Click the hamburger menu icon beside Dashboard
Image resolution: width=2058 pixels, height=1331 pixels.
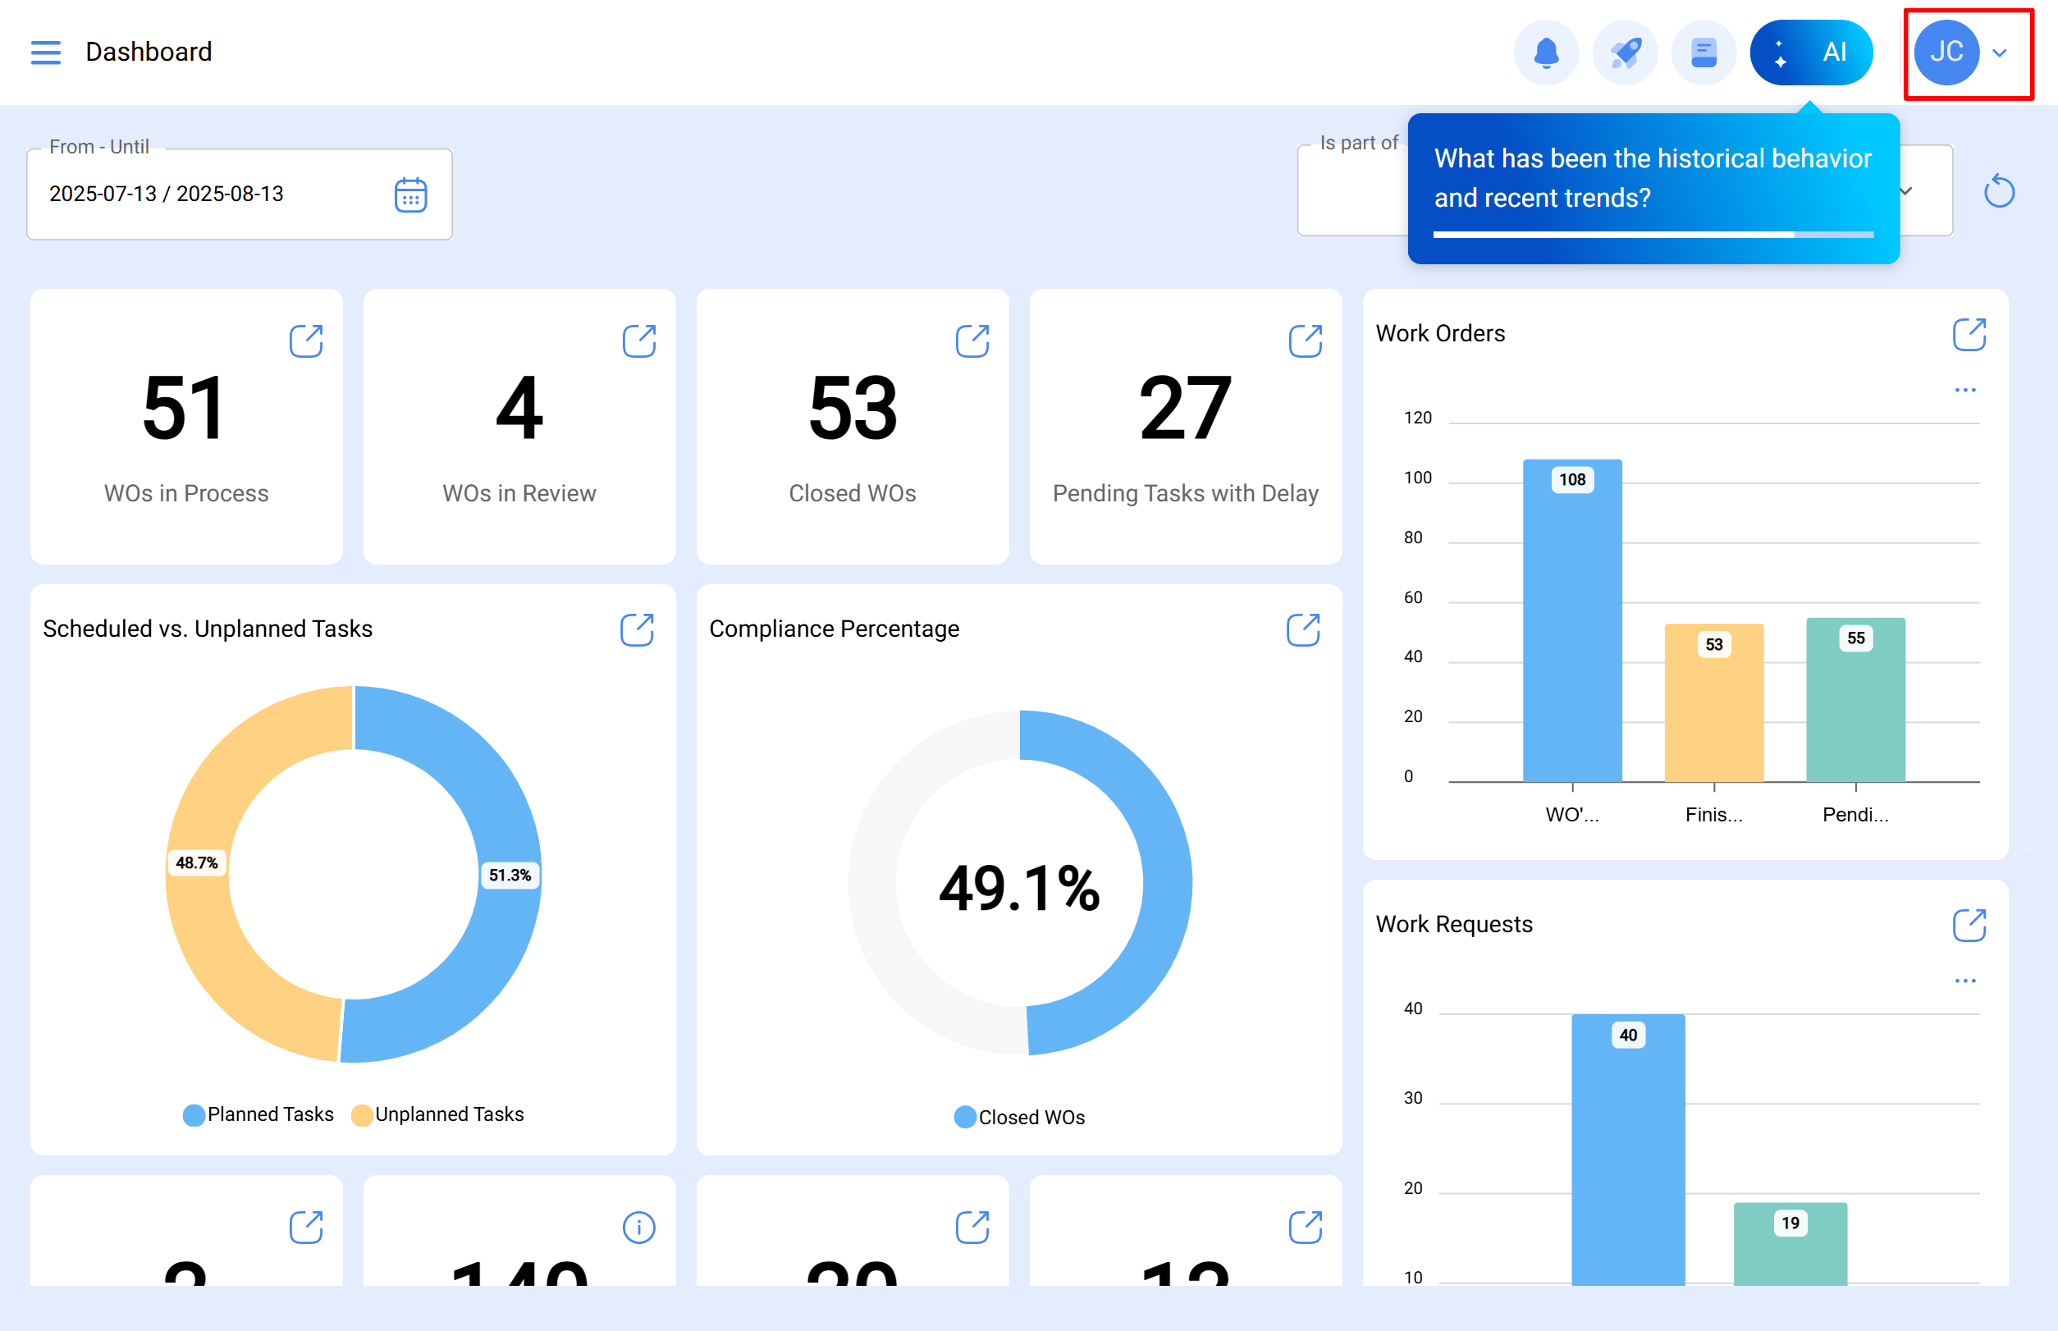pos(46,53)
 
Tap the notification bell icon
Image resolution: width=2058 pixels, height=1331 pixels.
pos(1545,53)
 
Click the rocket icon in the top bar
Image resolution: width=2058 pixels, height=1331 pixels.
pos(1625,53)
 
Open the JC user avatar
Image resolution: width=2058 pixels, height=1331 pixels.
pos(1946,53)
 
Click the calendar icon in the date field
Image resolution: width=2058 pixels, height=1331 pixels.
pos(410,194)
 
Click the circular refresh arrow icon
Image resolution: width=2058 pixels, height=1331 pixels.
pos(1998,191)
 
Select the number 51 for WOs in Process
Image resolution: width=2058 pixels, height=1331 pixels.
pos(185,408)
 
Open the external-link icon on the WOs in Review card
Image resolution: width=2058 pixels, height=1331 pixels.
pos(638,341)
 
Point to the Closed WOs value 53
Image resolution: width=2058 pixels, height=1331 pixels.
pos(853,408)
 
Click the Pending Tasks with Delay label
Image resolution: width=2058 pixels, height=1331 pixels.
pos(1185,493)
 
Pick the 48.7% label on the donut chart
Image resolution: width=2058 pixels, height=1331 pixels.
pos(197,862)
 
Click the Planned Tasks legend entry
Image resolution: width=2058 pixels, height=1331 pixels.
pos(258,1114)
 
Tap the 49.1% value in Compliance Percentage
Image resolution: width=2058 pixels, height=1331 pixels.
pos(1019,889)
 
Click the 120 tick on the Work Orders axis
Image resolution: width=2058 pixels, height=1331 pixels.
pos(1417,419)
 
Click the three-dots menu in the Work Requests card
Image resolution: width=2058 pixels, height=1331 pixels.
pos(1964,981)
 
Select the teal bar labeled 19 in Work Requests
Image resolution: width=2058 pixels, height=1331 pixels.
pos(1790,1245)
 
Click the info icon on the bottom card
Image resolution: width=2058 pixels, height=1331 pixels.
pos(638,1228)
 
